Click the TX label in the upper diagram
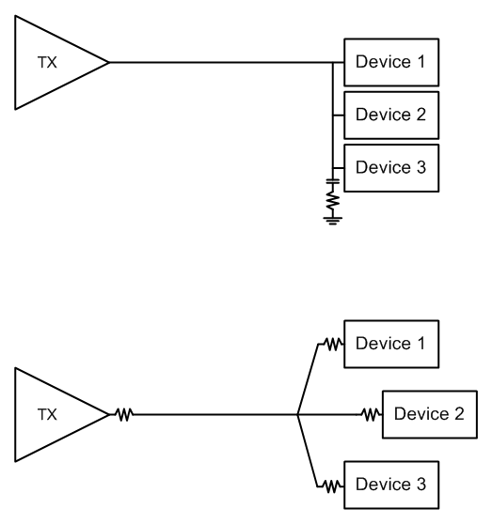click(x=47, y=63)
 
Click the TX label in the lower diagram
click(x=47, y=414)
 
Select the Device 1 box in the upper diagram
click(x=391, y=63)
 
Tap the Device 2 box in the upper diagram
click(x=391, y=116)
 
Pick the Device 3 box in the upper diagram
click(x=391, y=168)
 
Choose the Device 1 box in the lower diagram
click(x=391, y=345)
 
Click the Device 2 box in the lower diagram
click(x=430, y=414)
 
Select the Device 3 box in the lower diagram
click(x=391, y=485)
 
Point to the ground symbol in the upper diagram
click(x=333, y=221)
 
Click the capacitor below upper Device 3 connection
click(x=333, y=181)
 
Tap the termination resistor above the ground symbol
click(x=333, y=201)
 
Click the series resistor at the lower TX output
click(x=124, y=414)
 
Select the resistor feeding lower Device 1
click(x=333, y=344)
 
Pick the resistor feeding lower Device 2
click(x=372, y=414)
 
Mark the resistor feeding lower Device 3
click(x=332, y=485)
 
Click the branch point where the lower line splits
click(x=297, y=414)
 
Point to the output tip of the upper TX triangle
click(x=109, y=63)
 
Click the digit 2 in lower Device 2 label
click(x=459, y=414)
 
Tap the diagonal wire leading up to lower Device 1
click(x=308, y=379)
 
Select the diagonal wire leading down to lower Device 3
click(x=308, y=451)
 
